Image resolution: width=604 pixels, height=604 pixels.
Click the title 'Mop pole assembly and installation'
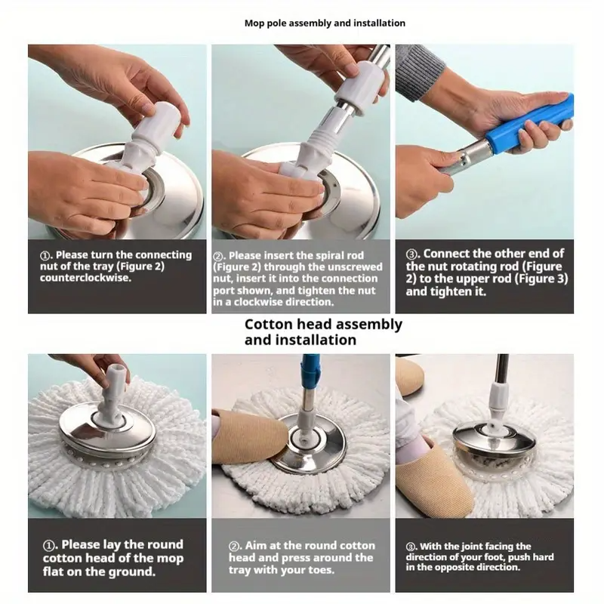click(325, 23)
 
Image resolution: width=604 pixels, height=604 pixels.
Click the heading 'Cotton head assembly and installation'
click(323, 332)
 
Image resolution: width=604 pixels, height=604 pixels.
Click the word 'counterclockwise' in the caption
click(85, 278)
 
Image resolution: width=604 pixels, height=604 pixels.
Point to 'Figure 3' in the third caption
click(541, 279)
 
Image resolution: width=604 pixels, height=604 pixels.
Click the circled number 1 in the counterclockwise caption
click(45, 256)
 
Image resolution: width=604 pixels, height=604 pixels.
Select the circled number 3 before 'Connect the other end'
click(411, 254)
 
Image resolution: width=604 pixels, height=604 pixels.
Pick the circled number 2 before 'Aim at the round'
click(234, 546)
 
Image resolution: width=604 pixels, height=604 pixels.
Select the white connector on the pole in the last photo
click(498, 402)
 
